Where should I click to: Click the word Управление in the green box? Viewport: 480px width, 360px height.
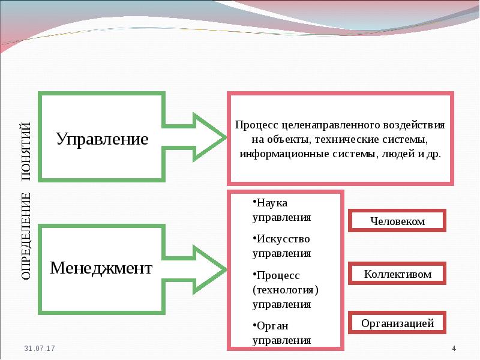(x=102, y=139)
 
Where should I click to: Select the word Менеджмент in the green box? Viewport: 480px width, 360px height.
(x=101, y=268)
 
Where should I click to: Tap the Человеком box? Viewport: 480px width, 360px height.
(x=397, y=221)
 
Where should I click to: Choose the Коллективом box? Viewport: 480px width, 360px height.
(x=397, y=274)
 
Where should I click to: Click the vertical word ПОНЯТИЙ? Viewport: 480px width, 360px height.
(x=26, y=150)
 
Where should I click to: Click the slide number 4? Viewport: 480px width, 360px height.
(x=454, y=349)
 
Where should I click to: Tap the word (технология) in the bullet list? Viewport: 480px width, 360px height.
(x=284, y=289)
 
